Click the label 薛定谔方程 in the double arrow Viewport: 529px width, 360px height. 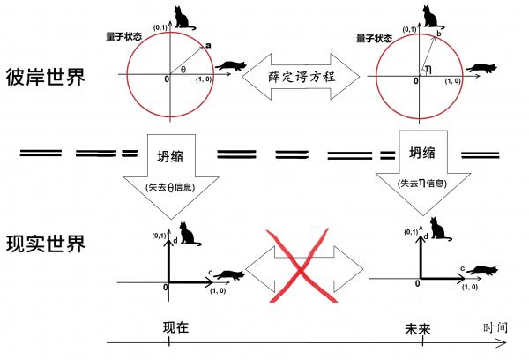coord(301,76)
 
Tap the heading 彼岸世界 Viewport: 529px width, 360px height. coord(45,76)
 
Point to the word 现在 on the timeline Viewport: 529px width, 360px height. coord(175,327)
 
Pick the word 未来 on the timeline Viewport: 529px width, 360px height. coord(417,327)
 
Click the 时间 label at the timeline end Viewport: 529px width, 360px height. coord(495,327)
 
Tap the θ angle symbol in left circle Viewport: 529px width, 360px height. coord(183,69)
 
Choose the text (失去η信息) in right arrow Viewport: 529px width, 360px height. coord(419,183)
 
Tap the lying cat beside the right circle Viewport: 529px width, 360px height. coord(482,67)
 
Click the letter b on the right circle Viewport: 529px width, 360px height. coord(438,34)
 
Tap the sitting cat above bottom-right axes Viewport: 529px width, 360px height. coord(440,232)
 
